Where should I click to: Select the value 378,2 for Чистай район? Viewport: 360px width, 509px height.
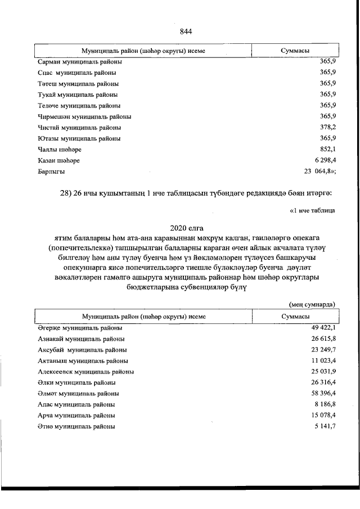click(x=327, y=127)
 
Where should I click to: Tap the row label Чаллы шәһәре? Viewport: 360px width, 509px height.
click(x=56, y=149)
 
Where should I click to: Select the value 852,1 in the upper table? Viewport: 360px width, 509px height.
click(x=327, y=149)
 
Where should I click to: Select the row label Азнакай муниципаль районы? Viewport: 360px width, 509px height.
click(x=81, y=339)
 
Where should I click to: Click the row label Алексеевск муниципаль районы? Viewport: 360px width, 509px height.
click(x=85, y=372)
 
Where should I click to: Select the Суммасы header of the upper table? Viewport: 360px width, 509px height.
click(x=296, y=51)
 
